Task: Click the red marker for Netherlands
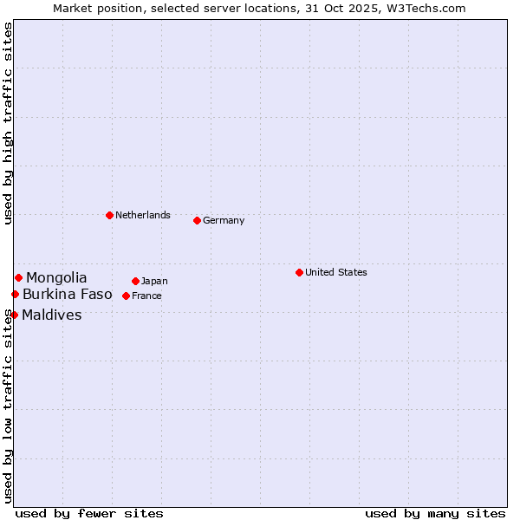(x=109, y=215)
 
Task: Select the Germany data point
(x=197, y=220)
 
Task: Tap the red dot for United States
(x=299, y=272)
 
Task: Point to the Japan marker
(x=135, y=281)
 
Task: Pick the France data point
(x=126, y=296)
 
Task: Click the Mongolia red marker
(x=18, y=277)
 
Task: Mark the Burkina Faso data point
(x=15, y=295)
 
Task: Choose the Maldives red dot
(x=14, y=315)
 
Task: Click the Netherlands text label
(x=142, y=215)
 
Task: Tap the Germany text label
(x=224, y=220)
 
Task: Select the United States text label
(x=335, y=272)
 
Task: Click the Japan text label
(x=154, y=281)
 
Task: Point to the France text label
(x=146, y=296)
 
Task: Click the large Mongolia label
(x=56, y=277)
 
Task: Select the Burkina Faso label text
(x=67, y=295)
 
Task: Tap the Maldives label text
(x=52, y=315)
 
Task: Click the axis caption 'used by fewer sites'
(x=89, y=513)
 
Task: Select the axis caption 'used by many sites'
(x=435, y=513)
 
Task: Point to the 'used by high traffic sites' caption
(x=8, y=123)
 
